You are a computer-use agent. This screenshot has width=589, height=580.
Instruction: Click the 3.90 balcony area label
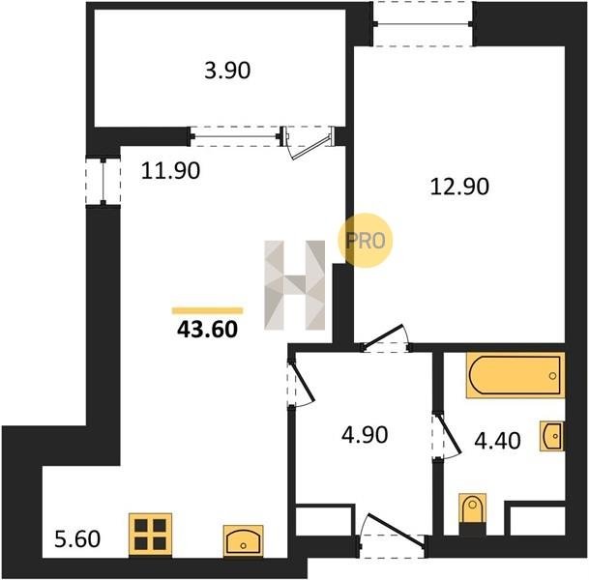(x=227, y=71)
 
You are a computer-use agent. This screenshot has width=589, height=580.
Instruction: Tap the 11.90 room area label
(x=170, y=170)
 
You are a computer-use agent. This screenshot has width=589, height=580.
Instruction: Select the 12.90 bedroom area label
(x=459, y=187)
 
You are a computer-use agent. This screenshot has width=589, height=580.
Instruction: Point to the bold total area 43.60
(x=207, y=330)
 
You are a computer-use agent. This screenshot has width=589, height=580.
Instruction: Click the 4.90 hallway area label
(x=365, y=435)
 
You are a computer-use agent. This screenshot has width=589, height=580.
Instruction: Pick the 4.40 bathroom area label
(x=497, y=441)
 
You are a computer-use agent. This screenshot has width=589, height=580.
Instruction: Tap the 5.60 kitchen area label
(x=77, y=539)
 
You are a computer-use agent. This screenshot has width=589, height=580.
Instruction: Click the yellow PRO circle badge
(x=366, y=241)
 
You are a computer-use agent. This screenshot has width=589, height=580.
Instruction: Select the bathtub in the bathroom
(x=515, y=375)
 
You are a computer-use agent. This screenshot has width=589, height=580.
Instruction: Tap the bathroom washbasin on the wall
(x=552, y=435)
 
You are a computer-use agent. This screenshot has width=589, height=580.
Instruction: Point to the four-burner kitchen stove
(x=150, y=535)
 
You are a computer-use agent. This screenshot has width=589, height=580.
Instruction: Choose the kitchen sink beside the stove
(x=243, y=540)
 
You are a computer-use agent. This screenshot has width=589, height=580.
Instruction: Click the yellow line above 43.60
(x=207, y=310)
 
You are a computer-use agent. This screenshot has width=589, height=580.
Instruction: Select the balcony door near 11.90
(x=308, y=143)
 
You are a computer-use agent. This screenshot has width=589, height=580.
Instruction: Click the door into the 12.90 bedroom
(x=385, y=338)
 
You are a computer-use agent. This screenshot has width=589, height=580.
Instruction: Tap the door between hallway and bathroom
(x=446, y=435)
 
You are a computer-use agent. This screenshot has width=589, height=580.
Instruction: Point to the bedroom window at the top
(x=423, y=24)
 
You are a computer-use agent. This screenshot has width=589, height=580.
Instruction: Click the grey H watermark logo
(x=294, y=285)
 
